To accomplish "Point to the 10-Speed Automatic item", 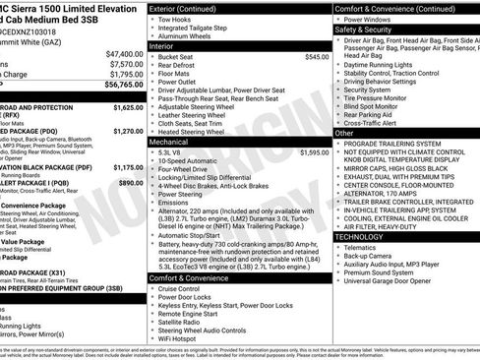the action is click(191, 161).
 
